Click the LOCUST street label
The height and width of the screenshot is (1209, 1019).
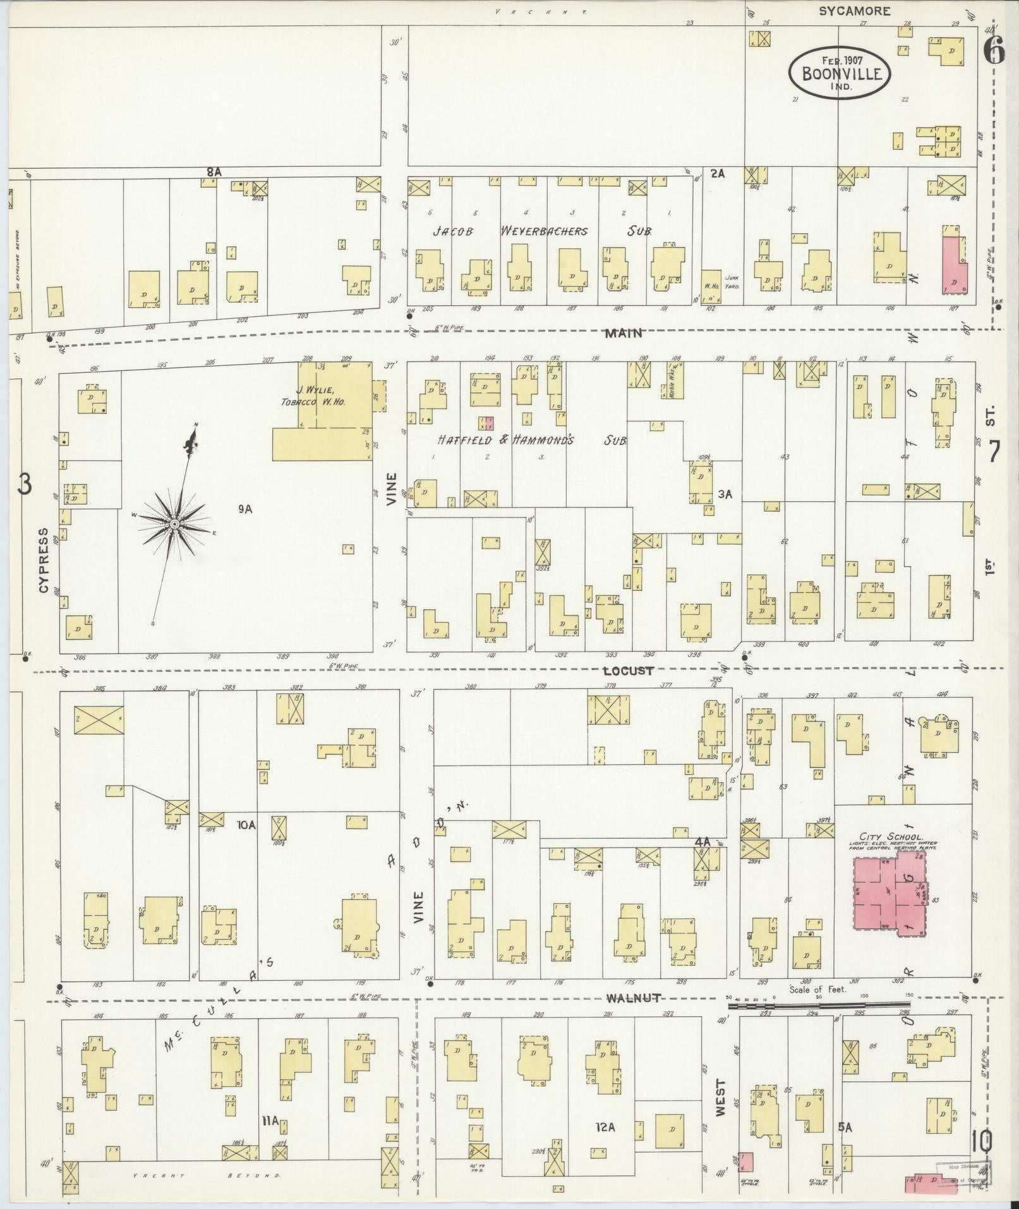click(628, 671)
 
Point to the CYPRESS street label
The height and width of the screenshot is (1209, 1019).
click(44, 560)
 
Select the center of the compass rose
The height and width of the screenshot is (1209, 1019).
click(174, 524)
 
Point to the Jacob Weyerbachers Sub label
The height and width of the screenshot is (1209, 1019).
click(542, 231)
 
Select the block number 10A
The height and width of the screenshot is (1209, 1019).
click(246, 825)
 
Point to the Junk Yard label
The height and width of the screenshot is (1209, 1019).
click(732, 281)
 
